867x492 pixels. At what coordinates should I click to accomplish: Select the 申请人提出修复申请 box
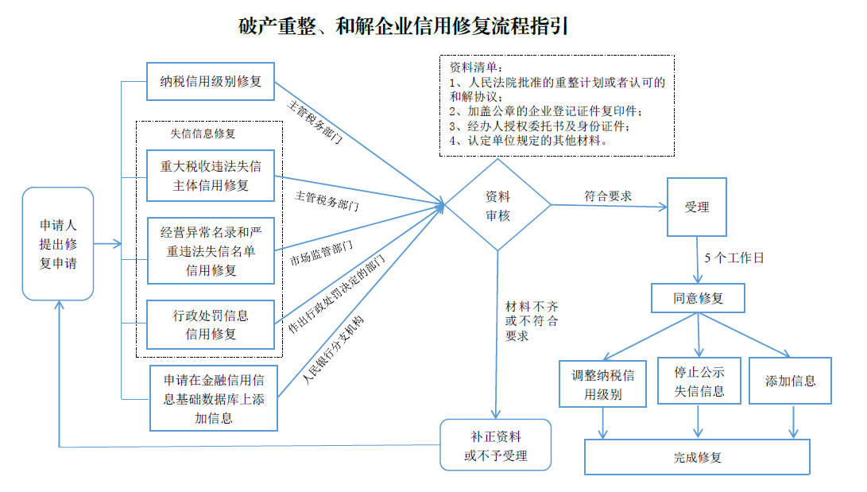coord(58,243)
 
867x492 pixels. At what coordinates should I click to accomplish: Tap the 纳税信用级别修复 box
coord(211,80)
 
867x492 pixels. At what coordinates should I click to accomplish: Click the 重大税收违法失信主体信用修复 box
coord(211,176)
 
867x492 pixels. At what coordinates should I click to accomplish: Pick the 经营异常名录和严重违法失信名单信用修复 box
coord(211,250)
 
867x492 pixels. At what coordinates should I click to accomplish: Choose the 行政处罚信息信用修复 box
coord(211,324)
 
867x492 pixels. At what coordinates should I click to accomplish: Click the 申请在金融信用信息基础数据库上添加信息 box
coord(214,397)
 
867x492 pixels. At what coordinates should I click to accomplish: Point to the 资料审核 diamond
coord(497,206)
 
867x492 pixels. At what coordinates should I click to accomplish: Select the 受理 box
coord(696,207)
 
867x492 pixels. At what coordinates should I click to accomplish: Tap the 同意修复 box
coord(698,298)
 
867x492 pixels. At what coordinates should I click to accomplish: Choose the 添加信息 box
coord(790,381)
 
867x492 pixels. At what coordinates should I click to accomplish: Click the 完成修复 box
coord(697,457)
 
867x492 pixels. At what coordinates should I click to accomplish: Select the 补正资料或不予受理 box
coord(496,446)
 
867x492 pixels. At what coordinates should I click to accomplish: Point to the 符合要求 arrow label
coord(608,196)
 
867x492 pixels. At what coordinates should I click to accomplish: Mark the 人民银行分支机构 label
coord(333,350)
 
